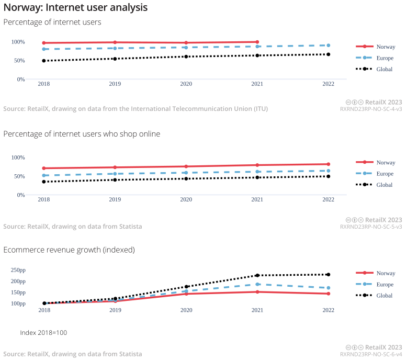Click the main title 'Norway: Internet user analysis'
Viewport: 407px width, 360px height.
(75, 8)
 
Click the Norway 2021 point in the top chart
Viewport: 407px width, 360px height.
(257, 42)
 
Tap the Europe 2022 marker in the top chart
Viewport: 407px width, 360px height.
(328, 46)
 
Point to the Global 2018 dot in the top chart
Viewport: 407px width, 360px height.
(44, 61)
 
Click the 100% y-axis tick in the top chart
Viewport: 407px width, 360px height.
(18, 42)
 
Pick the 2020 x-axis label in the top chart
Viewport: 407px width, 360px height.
(186, 84)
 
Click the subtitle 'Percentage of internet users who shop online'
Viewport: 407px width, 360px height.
(82, 134)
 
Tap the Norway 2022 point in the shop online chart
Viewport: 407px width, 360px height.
(328, 164)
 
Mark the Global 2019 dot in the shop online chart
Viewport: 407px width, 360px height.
(115, 180)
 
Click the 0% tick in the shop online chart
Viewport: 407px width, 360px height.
(20, 195)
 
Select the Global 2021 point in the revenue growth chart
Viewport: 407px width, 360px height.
(257, 275)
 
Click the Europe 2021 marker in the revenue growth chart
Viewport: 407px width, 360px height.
(257, 284)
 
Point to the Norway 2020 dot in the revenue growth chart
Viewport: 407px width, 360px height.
(186, 294)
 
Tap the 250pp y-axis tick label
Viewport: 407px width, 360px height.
(18, 271)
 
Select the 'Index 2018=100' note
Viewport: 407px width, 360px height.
(43, 333)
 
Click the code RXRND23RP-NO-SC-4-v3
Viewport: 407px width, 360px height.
(371, 109)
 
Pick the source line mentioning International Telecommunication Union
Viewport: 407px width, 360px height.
(135, 109)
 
